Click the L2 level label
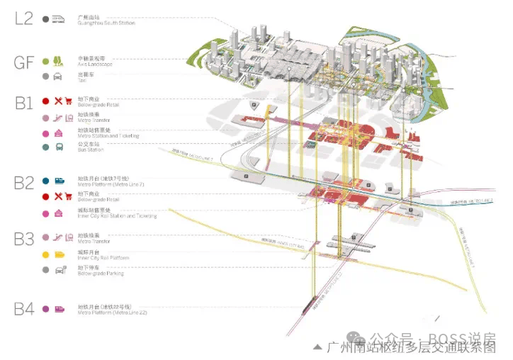(23, 18)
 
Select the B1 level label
(24, 103)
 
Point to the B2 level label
(24, 184)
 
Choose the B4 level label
(24, 308)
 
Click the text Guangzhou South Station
(106, 23)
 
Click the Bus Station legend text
(90, 150)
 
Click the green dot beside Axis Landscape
(45, 62)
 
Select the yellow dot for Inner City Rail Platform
(45, 254)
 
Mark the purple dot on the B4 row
(45, 309)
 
